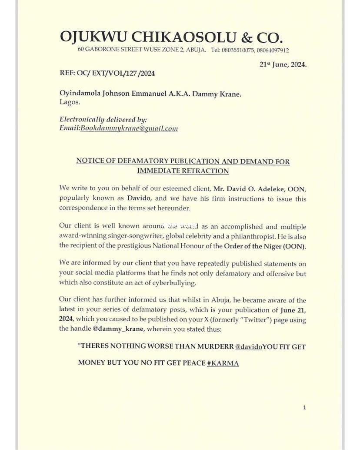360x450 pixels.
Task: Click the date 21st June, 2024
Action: (x=283, y=64)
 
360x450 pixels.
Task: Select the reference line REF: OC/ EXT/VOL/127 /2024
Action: (x=107, y=73)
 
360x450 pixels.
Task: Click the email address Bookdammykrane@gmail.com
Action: (x=130, y=128)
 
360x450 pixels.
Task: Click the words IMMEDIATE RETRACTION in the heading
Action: (x=183, y=171)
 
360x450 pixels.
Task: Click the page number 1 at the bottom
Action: (x=304, y=407)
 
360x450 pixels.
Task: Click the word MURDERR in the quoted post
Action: (x=211, y=347)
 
